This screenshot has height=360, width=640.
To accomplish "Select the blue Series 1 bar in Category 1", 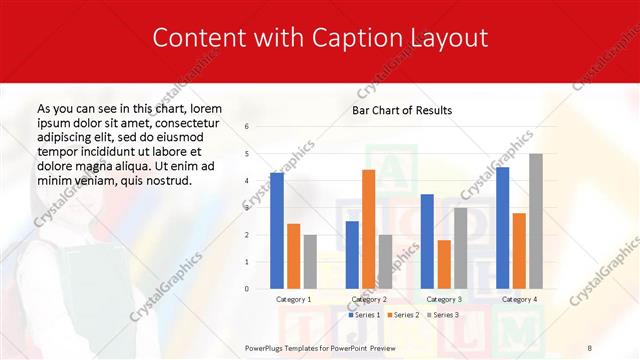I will [x=277, y=231].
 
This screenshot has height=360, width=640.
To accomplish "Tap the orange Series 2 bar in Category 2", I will [x=368, y=229].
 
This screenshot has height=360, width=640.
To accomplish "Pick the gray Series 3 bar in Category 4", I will [x=536, y=221].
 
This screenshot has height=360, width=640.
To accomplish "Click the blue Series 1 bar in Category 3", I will [x=427, y=241].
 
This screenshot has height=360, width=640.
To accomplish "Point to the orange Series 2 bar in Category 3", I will [x=444, y=264].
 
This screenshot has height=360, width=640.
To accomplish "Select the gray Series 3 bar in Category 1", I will [x=310, y=262].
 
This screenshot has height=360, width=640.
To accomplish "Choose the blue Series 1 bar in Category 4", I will [x=502, y=228].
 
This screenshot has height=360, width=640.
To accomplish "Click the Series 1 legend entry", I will [x=363, y=315].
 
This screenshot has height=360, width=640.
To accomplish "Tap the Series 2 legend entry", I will [x=402, y=315].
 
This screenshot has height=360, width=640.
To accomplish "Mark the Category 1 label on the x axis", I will [x=293, y=299].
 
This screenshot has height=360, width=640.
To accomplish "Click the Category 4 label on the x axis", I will [x=518, y=299].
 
